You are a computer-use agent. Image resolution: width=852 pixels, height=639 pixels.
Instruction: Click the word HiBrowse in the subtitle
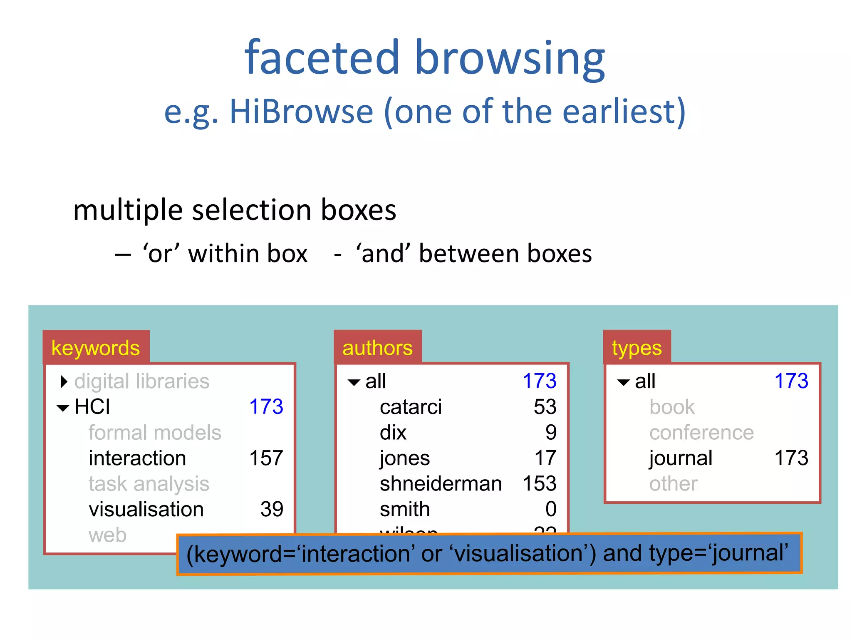click(x=301, y=112)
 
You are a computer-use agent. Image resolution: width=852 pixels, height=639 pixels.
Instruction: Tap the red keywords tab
click(x=96, y=348)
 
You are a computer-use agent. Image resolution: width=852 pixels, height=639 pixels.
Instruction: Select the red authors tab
click(x=377, y=348)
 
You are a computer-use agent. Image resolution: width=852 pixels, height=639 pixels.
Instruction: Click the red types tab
click(x=637, y=348)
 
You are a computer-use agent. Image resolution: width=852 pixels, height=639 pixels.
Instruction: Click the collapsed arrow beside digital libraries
click(x=64, y=381)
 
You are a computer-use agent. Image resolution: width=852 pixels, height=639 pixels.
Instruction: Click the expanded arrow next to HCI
click(x=63, y=408)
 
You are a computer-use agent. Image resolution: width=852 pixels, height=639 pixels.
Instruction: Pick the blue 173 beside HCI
click(x=266, y=407)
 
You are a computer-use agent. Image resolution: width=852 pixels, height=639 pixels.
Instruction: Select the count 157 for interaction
click(x=266, y=458)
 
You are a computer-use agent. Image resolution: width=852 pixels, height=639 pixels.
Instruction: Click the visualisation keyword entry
click(x=146, y=510)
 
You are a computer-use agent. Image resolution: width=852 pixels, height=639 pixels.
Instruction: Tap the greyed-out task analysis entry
click(x=149, y=484)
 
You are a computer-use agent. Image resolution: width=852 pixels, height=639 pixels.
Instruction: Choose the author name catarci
click(x=411, y=407)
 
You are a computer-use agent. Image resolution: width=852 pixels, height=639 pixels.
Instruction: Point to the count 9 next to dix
click(x=551, y=433)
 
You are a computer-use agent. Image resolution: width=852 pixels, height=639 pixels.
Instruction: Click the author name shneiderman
click(x=441, y=484)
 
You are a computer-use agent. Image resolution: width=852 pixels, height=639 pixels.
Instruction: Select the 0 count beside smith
click(x=551, y=510)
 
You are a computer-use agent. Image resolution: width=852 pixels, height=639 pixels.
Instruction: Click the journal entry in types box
click(x=681, y=458)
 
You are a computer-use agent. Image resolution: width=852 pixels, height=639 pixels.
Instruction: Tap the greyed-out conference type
click(x=701, y=433)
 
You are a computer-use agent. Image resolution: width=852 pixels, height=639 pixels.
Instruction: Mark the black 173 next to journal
click(x=791, y=458)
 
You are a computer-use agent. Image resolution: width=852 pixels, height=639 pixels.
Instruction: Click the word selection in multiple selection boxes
click(x=252, y=210)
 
